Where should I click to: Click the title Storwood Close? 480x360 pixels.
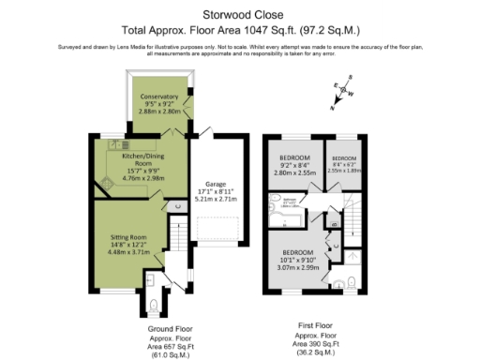[x=240, y=12]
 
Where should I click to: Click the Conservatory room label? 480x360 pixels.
[x=158, y=97]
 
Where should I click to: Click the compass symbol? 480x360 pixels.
[x=342, y=92]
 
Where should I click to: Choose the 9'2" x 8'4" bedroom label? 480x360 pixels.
[x=294, y=156]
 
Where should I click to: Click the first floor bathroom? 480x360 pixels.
[x=288, y=207]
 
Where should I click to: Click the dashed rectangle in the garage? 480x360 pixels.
[x=218, y=230]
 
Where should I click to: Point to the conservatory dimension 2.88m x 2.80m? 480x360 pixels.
[x=158, y=112]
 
